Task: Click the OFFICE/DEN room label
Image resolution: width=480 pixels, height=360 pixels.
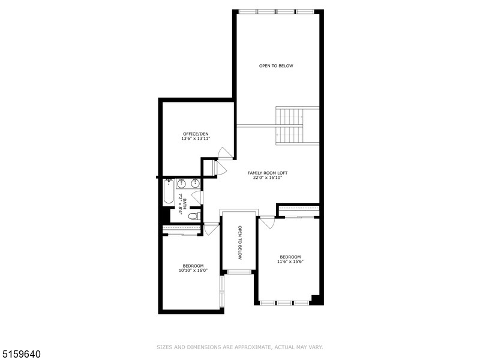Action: (x=196, y=133)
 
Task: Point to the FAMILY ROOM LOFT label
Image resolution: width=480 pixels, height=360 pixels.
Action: (x=265, y=173)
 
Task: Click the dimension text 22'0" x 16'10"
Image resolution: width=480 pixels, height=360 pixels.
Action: (x=265, y=178)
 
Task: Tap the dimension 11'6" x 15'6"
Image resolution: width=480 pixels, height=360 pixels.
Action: (x=290, y=262)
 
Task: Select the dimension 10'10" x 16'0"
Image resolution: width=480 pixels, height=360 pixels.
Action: (x=193, y=271)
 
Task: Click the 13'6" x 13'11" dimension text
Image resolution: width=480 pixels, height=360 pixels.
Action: (x=196, y=139)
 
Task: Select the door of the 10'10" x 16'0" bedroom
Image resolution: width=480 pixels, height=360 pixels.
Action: (x=211, y=229)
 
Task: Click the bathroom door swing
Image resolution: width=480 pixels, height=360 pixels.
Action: (x=198, y=197)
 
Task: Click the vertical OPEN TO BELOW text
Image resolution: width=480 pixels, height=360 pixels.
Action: (x=239, y=242)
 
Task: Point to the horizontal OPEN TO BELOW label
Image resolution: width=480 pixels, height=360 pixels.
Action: (x=276, y=66)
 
